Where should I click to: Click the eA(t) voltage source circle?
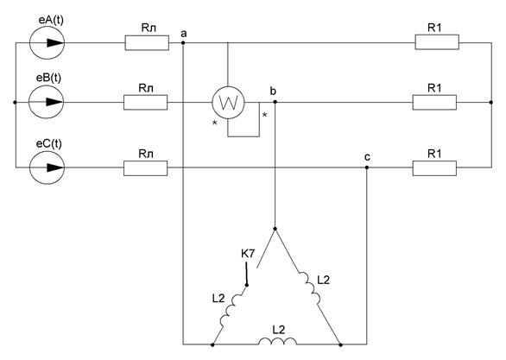(x=47, y=42)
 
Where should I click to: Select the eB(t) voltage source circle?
(x=46, y=102)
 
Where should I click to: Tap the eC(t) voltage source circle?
(x=47, y=167)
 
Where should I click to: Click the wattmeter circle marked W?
(x=228, y=103)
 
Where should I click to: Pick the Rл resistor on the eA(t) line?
(x=147, y=43)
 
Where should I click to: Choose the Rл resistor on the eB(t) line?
(x=146, y=102)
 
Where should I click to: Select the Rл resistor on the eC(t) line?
(x=146, y=167)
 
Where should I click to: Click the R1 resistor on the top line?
(x=437, y=42)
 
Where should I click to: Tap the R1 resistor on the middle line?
(x=434, y=102)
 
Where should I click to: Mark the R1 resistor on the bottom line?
(x=434, y=167)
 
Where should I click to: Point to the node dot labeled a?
(x=183, y=42)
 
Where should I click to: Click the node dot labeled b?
(x=275, y=102)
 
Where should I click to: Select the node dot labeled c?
(x=367, y=167)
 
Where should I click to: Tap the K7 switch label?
(x=248, y=254)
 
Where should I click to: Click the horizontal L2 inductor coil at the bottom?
(x=277, y=341)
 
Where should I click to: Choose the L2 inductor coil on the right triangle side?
(x=309, y=287)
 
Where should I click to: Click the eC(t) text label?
(x=48, y=143)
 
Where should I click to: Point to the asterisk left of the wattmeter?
(x=215, y=123)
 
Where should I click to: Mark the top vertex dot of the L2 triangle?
(x=275, y=229)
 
